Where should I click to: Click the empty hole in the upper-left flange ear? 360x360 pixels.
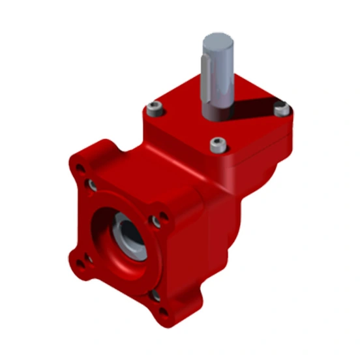coord(82,171)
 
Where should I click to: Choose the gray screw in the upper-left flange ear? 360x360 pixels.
coord(94,186)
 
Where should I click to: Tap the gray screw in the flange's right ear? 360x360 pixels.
coord(157,222)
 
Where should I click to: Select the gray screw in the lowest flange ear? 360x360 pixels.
coord(155,297)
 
